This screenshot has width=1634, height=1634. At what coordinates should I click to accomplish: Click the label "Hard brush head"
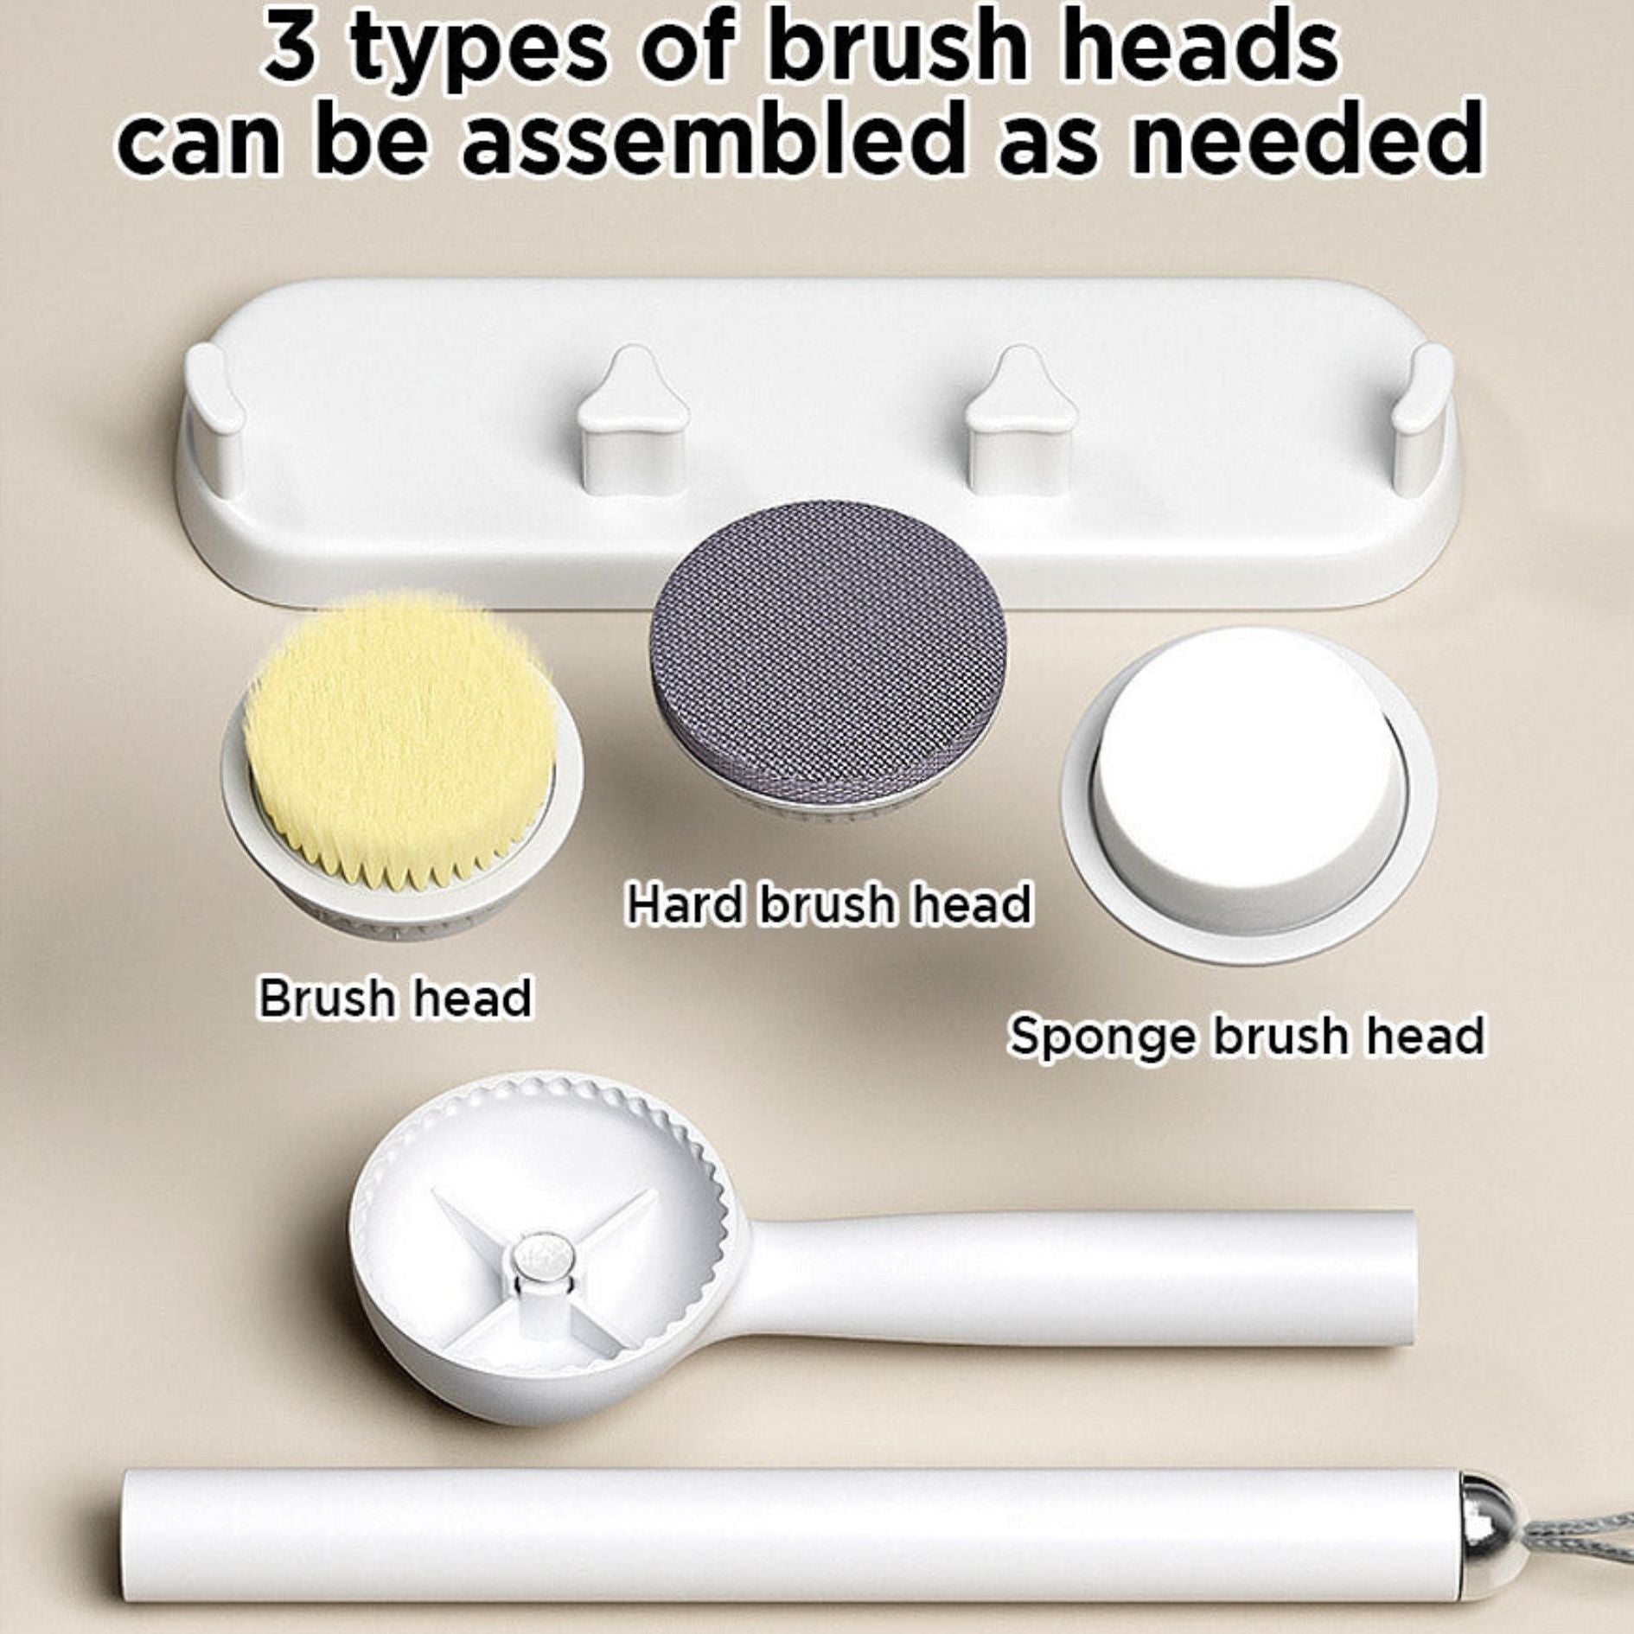pyautogui.click(x=828, y=903)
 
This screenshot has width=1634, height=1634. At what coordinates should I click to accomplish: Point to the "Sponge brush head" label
pyautogui.click(x=1246, y=1035)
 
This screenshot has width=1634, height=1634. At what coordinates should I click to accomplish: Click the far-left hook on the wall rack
pyautogui.click(x=214, y=415)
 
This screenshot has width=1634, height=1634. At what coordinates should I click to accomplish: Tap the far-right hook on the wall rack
pyautogui.click(x=1423, y=415)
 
